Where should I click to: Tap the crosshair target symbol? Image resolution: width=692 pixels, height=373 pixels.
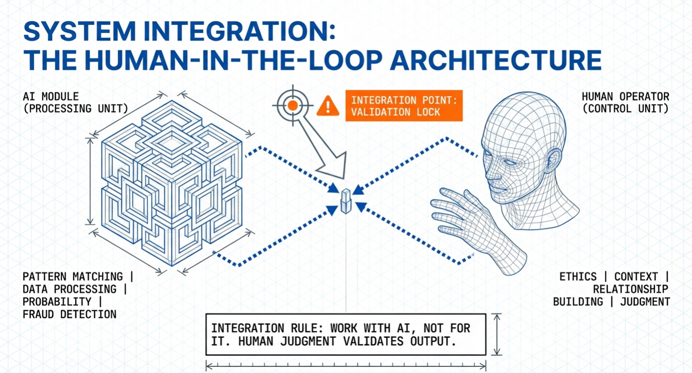292,105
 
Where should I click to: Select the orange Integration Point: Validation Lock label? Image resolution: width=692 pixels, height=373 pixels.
404,106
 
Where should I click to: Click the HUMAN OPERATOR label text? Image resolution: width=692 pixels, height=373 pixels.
625,96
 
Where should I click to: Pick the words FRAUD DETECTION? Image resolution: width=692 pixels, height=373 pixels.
70,315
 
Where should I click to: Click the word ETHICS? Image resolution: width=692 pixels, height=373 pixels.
578,277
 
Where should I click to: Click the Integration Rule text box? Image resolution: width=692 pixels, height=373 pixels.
346,334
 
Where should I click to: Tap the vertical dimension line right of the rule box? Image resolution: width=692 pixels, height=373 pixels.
498,334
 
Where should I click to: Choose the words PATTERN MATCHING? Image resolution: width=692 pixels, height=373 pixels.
73,277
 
